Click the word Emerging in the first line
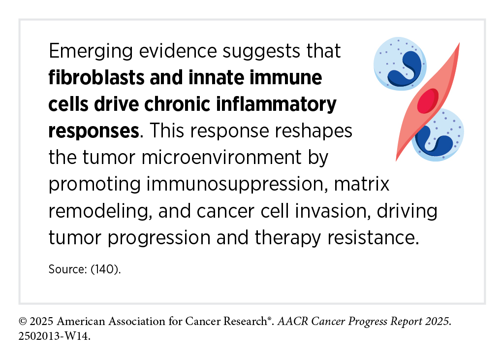pyautogui.click(x=91, y=52)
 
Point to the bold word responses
pyautogui.click(x=94, y=131)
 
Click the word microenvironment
pyautogui.click(x=221, y=158)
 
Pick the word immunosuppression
pyautogui.click(x=237, y=185)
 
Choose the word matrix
pyautogui.click(x=361, y=184)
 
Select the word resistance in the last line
pyautogui.click(x=373, y=238)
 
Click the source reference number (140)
pyautogui.click(x=105, y=269)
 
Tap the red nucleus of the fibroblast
pyautogui.click(x=428, y=100)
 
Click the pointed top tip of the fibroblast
pyautogui.click(x=459, y=43)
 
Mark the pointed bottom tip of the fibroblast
pyautogui.click(x=396, y=161)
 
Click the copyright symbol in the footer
pyautogui.click(x=23, y=321)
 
